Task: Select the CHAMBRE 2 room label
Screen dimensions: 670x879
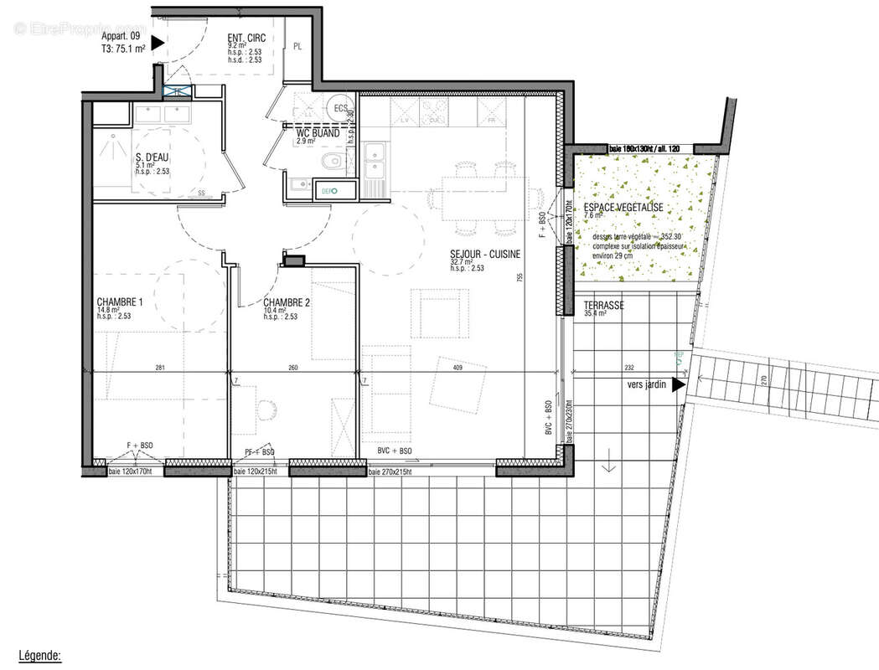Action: [x=287, y=302]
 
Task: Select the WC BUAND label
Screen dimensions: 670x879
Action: [x=318, y=132]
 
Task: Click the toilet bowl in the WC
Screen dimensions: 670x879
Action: [x=331, y=161]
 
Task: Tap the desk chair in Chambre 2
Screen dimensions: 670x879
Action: [x=268, y=410]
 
